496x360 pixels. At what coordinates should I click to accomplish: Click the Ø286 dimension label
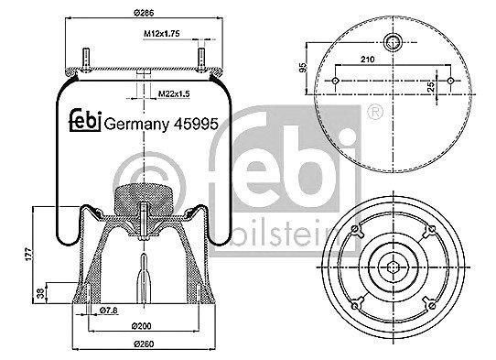click(144, 13)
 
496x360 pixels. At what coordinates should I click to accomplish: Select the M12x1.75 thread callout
click(162, 34)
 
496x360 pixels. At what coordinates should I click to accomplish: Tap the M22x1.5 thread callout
click(174, 93)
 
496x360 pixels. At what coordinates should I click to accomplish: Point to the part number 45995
click(196, 124)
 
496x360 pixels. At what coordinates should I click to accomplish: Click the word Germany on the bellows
click(136, 125)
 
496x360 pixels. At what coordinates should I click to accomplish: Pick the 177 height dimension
click(28, 255)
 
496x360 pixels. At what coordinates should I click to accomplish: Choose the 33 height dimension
click(40, 293)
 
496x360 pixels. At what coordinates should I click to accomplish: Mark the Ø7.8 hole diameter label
click(109, 311)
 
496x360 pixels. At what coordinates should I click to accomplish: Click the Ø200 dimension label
click(142, 325)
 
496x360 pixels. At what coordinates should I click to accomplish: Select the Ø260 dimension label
click(144, 344)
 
